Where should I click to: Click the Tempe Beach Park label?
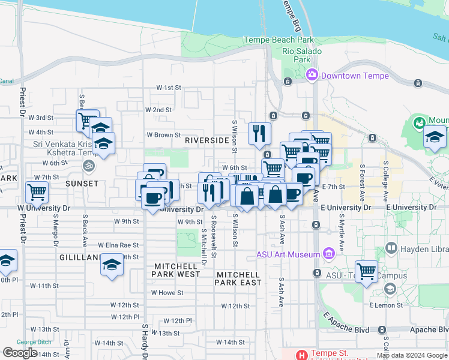[279, 40]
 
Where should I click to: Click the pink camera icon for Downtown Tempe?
[312, 75]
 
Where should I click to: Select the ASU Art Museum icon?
[328, 254]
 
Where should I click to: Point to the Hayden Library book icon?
[391, 247]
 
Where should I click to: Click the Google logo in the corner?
[20, 352]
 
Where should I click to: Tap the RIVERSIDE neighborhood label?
[207, 140]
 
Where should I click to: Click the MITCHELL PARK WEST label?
[177, 269]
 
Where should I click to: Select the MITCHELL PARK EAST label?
[238, 278]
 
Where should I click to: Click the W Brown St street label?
[164, 136]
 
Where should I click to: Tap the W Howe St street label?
[167, 293]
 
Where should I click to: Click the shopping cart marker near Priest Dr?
[37, 193]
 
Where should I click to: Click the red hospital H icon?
[303, 355]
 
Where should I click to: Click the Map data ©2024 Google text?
[411, 355]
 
